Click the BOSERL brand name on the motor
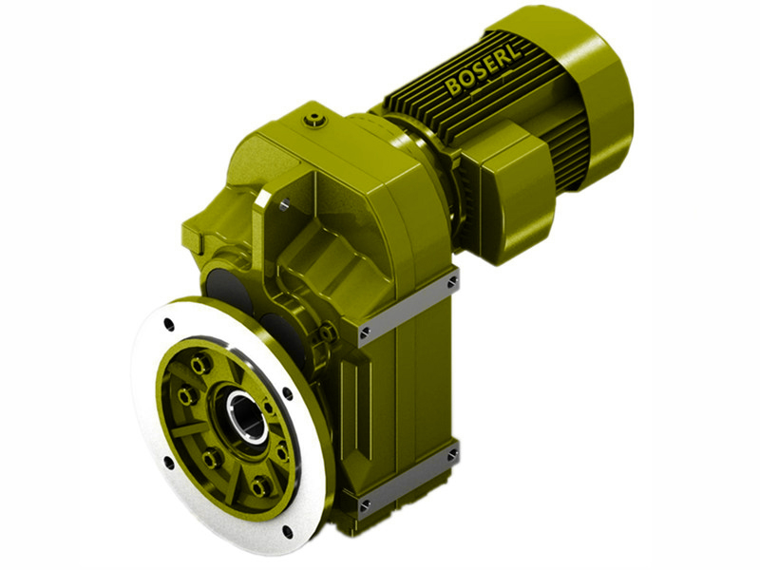coord(484,73)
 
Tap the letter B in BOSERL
coord(452,89)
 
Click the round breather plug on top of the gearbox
coord(314,120)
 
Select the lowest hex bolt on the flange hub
coord(259,486)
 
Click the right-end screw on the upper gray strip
coord(451,283)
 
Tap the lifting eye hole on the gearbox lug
coord(283,201)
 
